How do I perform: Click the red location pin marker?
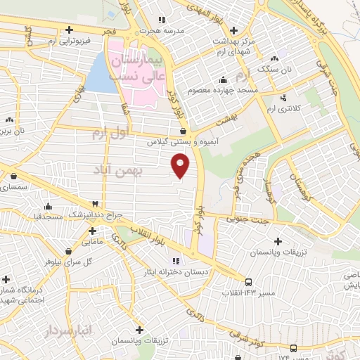point(181,167)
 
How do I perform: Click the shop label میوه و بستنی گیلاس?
point(171,141)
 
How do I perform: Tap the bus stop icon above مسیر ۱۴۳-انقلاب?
point(247,282)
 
